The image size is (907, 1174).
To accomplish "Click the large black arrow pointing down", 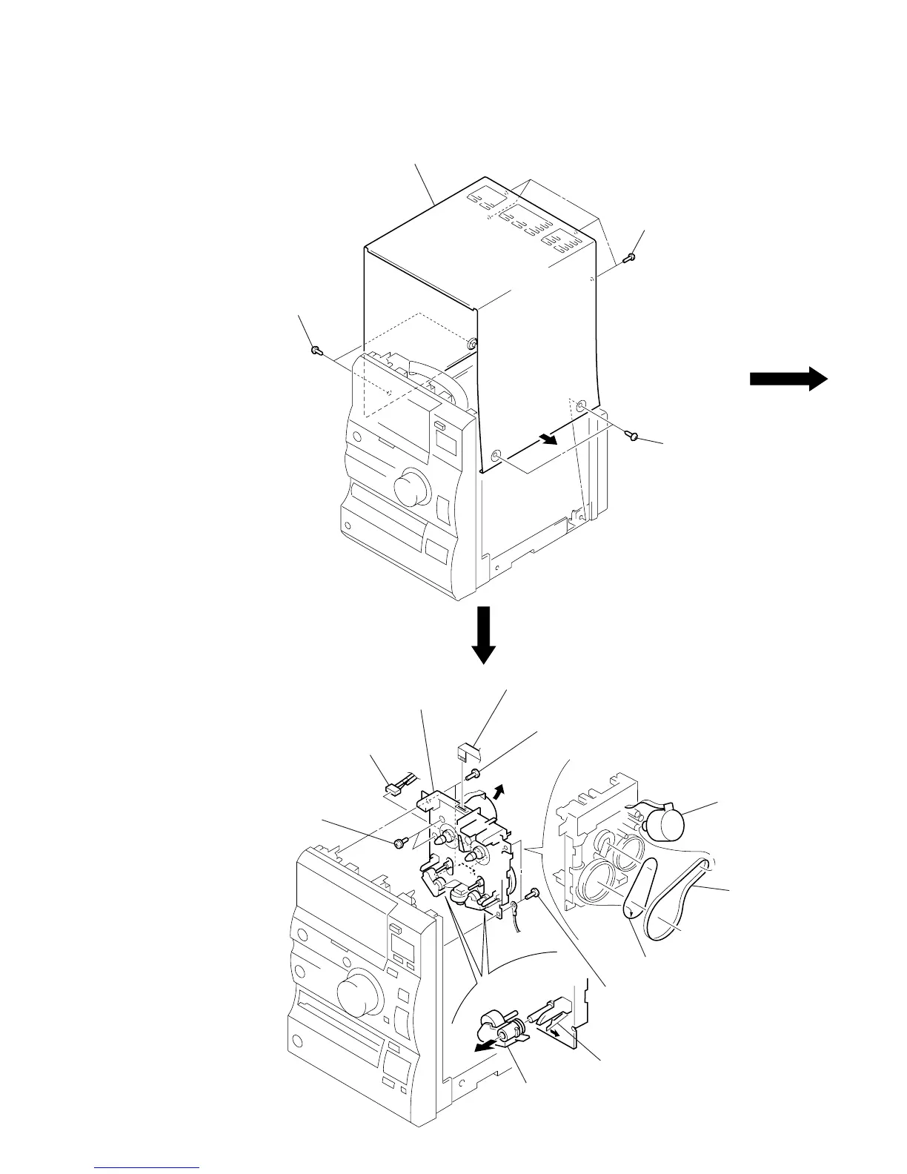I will (x=484, y=634).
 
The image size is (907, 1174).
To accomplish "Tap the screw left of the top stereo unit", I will (x=316, y=348).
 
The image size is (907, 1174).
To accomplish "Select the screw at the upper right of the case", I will (x=630, y=258).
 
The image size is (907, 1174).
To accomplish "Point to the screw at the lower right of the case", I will (x=632, y=436).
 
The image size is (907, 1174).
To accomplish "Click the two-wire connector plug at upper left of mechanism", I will (x=399, y=785).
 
